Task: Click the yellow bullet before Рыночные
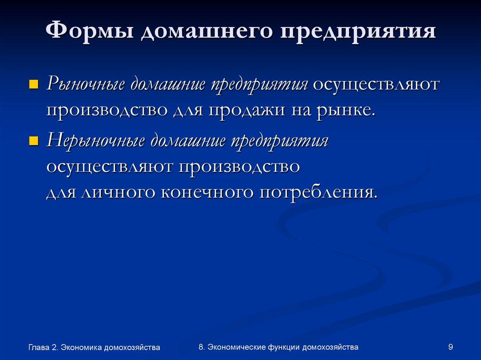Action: pyautogui.click(x=33, y=85)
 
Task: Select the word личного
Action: pyautogui.click(x=119, y=192)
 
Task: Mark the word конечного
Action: pyautogui.click(x=209, y=192)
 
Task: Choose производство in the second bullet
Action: pyautogui.click(x=239, y=167)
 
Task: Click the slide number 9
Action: pyautogui.click(x=450, y=347)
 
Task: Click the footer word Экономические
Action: pyautogui.click(x=237, y=347)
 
